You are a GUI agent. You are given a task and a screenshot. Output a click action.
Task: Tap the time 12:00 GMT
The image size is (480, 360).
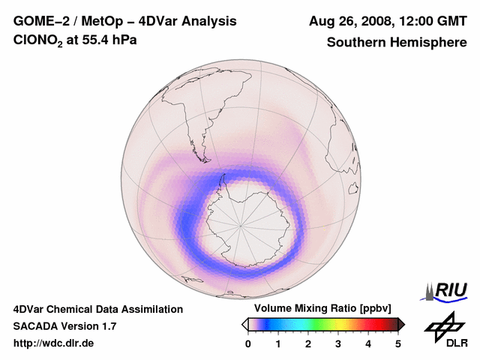coord(428,21)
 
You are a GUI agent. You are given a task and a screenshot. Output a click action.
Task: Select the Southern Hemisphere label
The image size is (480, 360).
coord(396,42)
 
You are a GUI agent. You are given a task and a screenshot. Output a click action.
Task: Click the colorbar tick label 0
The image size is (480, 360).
coord(248,344)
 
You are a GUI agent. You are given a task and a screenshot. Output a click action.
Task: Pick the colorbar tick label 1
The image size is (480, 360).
coord(278,344)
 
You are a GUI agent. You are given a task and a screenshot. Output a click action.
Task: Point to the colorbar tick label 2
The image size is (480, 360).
coord(308,344)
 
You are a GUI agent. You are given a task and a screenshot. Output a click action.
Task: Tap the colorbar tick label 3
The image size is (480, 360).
coord(338,344)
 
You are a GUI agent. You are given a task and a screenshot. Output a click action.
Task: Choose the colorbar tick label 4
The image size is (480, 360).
coord(368,344)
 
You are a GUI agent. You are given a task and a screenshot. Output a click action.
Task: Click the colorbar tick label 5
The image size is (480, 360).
coord(398,344)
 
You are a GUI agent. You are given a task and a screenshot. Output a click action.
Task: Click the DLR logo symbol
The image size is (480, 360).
coord(442,325)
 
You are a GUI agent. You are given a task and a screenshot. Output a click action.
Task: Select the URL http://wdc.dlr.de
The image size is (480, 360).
coord(54,343)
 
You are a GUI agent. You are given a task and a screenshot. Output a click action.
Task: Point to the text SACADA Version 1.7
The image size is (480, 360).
coord(64,326)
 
